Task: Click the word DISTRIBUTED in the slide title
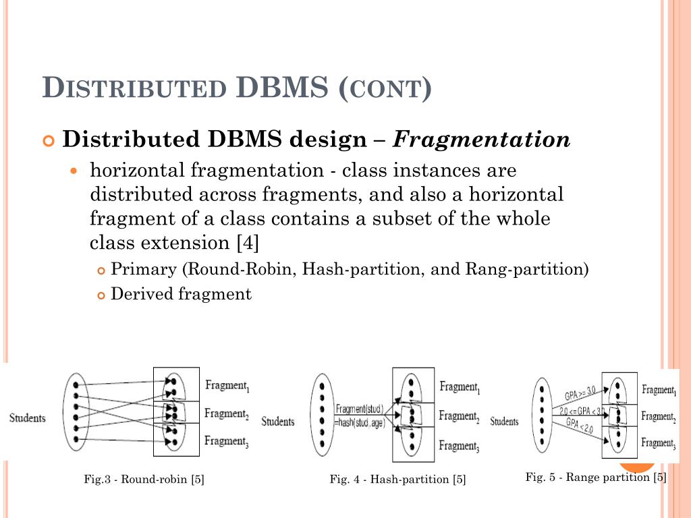[x=134, y=89]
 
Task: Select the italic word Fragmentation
[x=482, y=140]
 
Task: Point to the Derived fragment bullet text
[x=181, y=294]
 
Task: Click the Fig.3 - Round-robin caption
[x=144, y=479]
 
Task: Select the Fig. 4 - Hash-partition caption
[x=397, y=479]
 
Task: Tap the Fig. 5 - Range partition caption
[x=596, y=478]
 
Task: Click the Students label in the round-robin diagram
[x=27, y=418]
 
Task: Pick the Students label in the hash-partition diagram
[x=278, y=422]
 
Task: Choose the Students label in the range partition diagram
[x=504, y=422]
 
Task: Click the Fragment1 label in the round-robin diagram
[x=227, y=386]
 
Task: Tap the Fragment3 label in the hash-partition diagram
[x=459, y=446]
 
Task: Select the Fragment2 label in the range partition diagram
[x=658, y=417]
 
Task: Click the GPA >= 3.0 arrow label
[x=580, y=392]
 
